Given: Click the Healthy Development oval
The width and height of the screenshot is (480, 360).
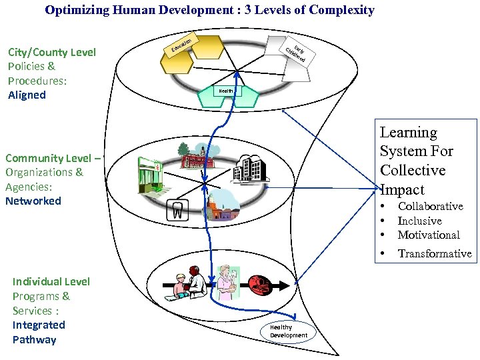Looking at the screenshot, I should pos(288,331).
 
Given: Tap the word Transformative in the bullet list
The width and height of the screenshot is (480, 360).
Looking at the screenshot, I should pos(435,253).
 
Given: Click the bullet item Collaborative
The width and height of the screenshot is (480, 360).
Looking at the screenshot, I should pos(430,207).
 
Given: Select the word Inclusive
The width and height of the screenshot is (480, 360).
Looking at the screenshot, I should pos(419,221).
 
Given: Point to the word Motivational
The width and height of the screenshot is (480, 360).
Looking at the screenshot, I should pos(429,235).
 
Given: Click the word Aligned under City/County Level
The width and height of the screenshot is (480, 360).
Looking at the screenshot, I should pos(27,95).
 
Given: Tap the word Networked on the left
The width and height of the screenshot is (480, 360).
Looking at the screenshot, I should pos(33,201).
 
